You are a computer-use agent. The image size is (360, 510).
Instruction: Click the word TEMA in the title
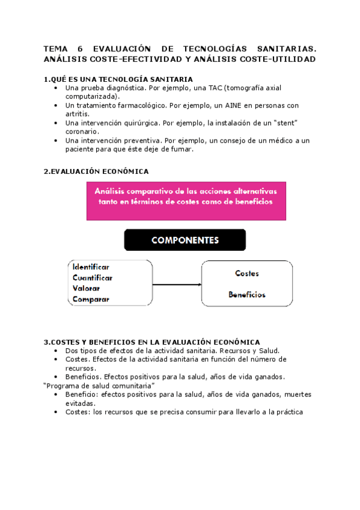click(x=55, y=48)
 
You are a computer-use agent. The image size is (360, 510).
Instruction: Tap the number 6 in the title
click(x=81, y=48)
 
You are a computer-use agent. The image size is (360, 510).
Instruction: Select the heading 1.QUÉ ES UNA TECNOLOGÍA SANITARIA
click(x=118, y=79)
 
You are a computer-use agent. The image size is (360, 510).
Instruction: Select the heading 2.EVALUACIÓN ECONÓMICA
click(x=96, y=171)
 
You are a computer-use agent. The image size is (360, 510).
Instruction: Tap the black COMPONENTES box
click(x=185, y=240)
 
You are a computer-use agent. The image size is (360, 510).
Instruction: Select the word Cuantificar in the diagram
click(x=93, y=277)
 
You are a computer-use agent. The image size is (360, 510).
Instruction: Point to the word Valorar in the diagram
click(x=86, y=288)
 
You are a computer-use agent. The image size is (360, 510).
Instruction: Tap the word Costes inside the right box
click(x=247, y=274)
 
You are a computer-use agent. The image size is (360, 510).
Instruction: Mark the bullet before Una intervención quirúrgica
click(x=56, y=123)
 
